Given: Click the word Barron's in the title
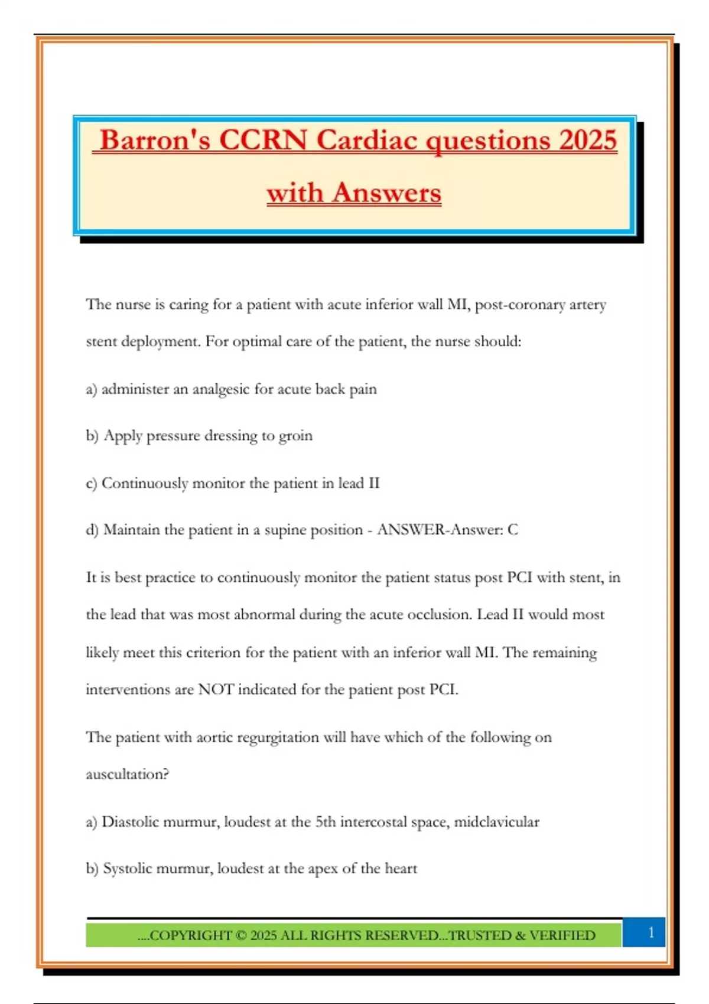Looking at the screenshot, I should [x=155, y=141].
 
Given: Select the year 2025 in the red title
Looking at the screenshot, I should [x=588, y=141].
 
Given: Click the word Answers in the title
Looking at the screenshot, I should [x=386, y=193].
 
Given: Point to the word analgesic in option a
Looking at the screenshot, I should [x=220, y=389].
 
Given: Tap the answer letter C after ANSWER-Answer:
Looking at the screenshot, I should [x=512, y=530].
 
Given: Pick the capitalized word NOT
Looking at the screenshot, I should [x=216, y=690].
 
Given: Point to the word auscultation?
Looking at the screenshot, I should [x=127, y=774].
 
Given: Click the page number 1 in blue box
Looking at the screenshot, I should [x=651, y=933].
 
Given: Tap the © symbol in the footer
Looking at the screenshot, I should [x=240, y=935].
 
